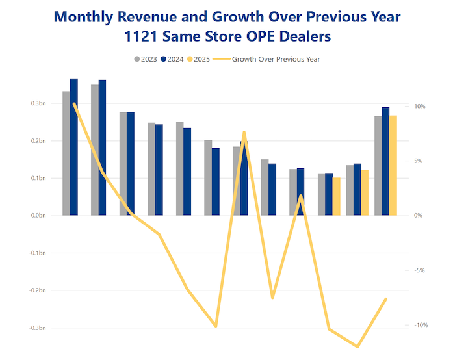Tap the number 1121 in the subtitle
(146, 36)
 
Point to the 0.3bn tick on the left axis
(38, 104)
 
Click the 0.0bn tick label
(38, 216)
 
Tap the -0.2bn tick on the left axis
(36, 290)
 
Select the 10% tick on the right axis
(419, 107)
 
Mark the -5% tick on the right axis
(419, 270)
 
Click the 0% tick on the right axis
(418, 216)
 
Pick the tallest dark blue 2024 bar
(74, 147)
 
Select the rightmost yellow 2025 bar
(393, 165)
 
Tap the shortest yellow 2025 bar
(336, 196)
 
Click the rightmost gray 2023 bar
(378, 165)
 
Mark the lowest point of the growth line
(357, 346)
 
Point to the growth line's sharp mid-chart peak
(244, 133)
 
